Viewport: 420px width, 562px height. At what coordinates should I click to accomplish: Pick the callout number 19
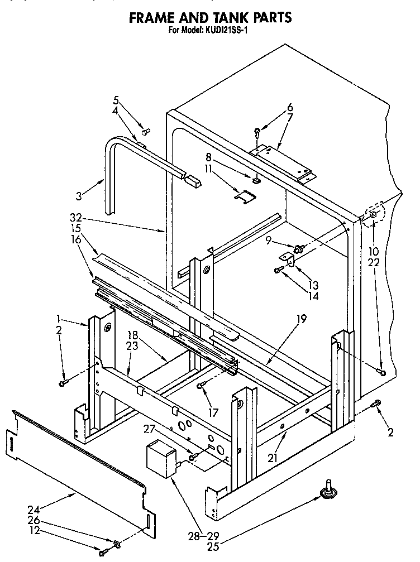tap(301, 320)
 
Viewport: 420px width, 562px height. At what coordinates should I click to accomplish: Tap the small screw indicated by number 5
tap(147, 132)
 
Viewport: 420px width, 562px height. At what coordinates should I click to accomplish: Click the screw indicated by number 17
tap(202, 385)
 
